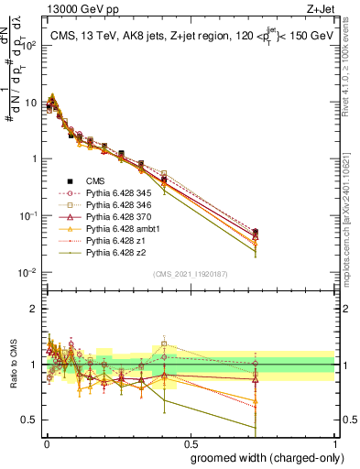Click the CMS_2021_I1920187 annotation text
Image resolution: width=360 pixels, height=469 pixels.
[190, 274]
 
